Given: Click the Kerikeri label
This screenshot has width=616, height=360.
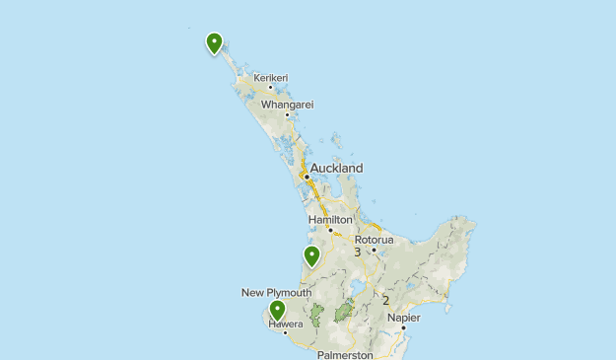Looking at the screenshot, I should [270, 77].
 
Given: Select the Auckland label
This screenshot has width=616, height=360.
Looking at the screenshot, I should [336, 168].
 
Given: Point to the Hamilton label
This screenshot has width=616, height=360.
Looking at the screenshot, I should [330, 219].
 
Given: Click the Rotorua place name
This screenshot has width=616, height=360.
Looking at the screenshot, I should [374, 239].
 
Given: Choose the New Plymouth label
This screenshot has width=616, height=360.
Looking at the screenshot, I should [276, 293].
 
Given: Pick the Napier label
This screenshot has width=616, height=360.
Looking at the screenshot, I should [404, 318].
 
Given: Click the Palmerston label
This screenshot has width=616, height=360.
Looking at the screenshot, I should [345, 354].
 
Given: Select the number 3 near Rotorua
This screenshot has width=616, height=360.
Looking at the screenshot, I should [358, 252].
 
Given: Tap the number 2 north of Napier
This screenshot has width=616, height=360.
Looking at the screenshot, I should [385, 301].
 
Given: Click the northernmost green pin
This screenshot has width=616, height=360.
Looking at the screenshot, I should [214, 42].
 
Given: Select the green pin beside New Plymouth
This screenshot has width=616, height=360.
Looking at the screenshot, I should [277, 311].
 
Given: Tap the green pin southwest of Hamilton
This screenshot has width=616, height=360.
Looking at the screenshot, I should [311, 256].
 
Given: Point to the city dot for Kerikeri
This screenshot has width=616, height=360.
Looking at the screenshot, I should [270, 87].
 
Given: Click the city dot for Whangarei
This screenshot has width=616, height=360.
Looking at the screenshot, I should [287, 114].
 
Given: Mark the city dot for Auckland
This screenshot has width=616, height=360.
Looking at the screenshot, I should [307, 177].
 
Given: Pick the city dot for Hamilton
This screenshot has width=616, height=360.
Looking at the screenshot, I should [330, 230].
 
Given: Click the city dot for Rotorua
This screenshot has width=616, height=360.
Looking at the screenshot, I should [374, 250].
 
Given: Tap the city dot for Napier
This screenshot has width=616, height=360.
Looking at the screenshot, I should [403, 327].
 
